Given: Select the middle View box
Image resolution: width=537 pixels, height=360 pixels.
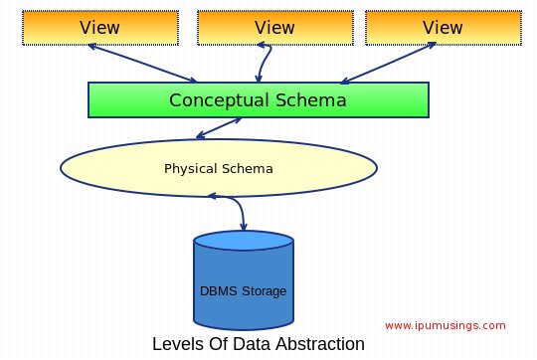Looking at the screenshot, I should pyautogui.click(x=274, y=27).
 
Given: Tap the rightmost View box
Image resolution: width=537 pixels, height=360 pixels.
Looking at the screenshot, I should pyautogui.click(x=444, y=27).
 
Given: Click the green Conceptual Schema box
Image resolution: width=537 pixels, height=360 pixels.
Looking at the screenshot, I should pyautogui.click(x=258, y=100).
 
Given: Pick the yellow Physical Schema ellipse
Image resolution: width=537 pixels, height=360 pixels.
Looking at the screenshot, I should pyautogui.click(x=219, y=168).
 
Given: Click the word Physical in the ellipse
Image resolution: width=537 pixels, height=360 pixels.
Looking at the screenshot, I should pyautogui.click(x=190, y=168).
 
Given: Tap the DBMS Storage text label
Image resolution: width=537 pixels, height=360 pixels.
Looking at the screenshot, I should pyautogui.click(x=244, y=291).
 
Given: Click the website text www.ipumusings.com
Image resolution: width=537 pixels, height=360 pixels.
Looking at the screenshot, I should pyautogui.click(x=445, y=325).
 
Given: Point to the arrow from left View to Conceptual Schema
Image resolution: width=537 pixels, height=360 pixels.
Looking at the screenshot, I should pyautogui.click(x=144, y=64).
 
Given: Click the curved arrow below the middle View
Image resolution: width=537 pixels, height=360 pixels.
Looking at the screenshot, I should pyautogui.click(x=263, y=63).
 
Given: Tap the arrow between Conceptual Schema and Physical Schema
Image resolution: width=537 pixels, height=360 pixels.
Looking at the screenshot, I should pyautogui.click(x=219, y=128).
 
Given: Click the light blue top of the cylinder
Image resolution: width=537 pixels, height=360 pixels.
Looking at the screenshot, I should pyautogui.click(x=244, y=240).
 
